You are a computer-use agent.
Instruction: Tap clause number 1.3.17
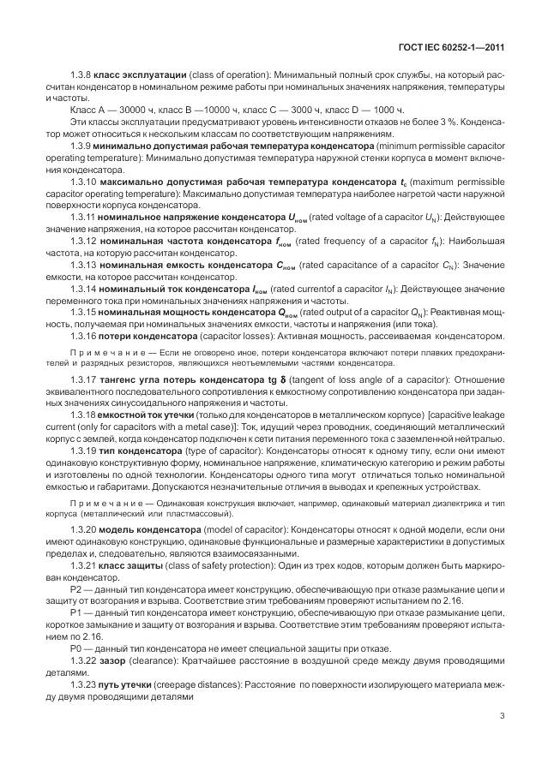coord(85,379)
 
